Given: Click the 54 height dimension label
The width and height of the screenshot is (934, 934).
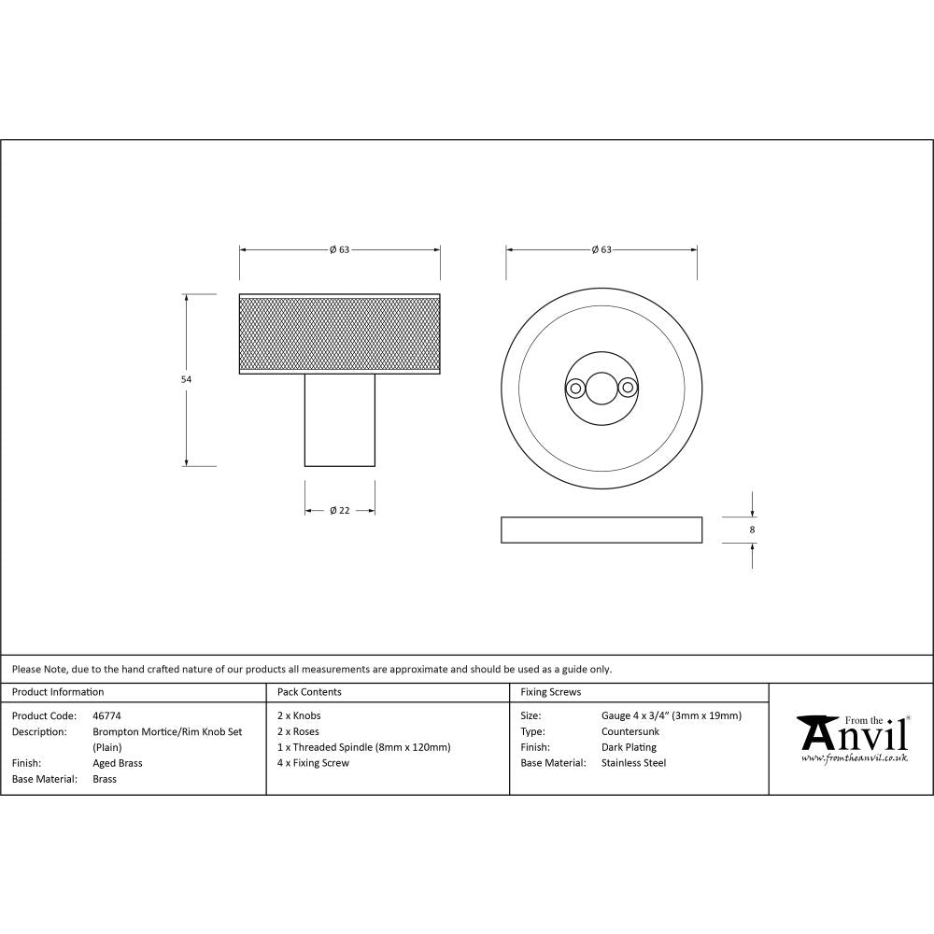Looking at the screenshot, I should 185,380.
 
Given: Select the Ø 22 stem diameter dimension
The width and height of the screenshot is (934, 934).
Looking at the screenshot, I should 339,511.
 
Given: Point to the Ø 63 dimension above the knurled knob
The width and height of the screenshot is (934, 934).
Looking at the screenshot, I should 339,250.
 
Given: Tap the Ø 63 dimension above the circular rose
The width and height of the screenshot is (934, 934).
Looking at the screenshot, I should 601,250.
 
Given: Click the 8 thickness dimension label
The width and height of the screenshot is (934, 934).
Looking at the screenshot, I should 752,530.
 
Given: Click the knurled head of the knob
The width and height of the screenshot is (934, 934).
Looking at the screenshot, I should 340,333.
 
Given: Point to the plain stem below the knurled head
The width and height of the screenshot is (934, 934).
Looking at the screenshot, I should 340,420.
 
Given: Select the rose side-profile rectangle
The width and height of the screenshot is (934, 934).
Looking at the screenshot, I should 601,530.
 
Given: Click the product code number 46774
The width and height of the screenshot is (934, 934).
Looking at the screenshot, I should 107,716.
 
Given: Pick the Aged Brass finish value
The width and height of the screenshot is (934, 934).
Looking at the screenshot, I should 118,763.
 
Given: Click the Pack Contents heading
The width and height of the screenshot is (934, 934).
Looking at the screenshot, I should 309,692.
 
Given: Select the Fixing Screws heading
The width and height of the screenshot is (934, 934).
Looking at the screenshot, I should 550,692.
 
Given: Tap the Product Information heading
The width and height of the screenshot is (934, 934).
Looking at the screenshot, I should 58,692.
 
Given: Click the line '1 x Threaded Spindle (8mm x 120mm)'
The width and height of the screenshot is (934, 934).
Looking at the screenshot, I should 363,747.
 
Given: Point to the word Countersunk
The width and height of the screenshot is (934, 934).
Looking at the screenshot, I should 630,731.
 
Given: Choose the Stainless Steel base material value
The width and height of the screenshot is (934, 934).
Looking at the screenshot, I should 633,763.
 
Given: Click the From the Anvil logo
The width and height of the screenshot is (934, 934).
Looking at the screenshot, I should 852,738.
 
